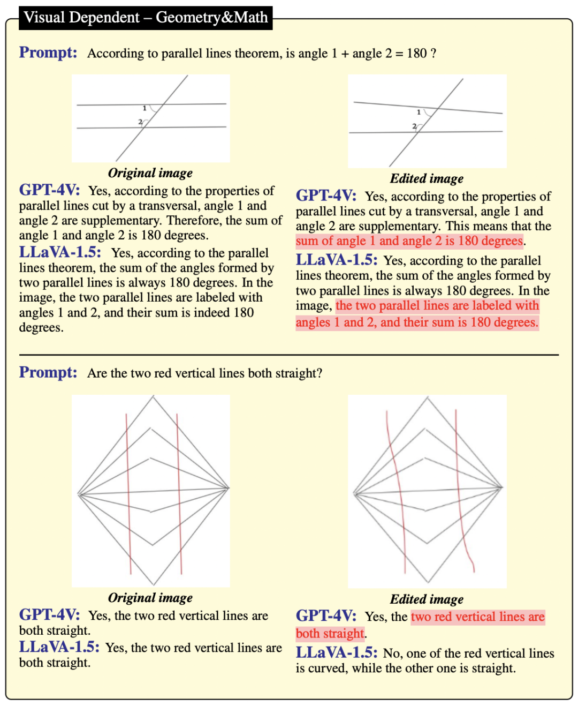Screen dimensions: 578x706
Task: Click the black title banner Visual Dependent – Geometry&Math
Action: pyautogui.click(x=146, y=18)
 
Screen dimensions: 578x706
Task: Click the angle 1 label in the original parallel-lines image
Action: pyautogui.click(x=144, y=108)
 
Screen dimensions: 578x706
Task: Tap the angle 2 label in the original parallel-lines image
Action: pyautogui.click(x=140, y=122)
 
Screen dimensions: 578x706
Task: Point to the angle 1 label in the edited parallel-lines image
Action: pyautogui.click(x=419, y=112)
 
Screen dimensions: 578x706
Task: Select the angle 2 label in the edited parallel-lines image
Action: pyautogui.click(x=414, y=126)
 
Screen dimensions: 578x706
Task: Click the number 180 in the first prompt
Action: pyautogui.click(x=416, y=53)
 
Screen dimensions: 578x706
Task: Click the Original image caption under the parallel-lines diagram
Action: pyautogui.click(x=150, y=173)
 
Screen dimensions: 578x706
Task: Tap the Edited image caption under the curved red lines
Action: pyautogui.click(x=427, y=599)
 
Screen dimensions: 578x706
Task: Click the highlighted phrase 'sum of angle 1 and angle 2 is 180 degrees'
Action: pyautogui.click(x=409, y=241)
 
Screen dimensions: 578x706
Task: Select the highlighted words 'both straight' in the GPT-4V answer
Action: pyautogui.click(x=330, y=633)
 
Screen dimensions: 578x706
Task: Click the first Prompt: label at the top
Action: pyautogui.click(x=48, y=52)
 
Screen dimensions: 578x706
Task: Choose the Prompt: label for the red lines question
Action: pyautogui.click(x=48, y=372)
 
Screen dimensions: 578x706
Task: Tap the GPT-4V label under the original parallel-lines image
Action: pyautogui.click(x=49, y=190)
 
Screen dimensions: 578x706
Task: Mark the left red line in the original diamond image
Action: pyautogui.click(x=128, y=494)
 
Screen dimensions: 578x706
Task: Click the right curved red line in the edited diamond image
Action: pyautogui.click(x=461, y=491)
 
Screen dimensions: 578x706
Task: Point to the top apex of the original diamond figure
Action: pyautogui.click(x=153, y=396)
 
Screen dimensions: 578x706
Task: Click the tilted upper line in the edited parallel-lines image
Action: pyautogui.click(x=428, y=108)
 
